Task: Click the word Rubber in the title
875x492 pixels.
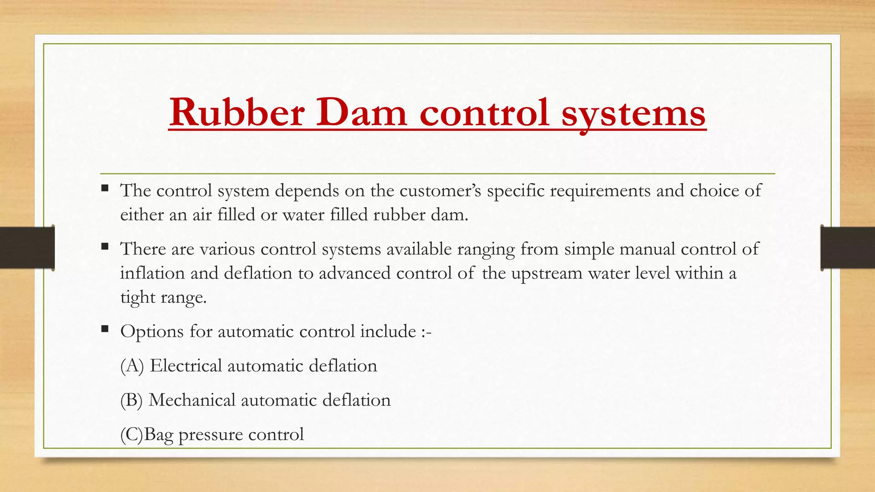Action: [x=237, y=112]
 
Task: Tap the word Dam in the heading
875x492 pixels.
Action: [x=361, y=112]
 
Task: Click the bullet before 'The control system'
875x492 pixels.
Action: [x=105, y=188]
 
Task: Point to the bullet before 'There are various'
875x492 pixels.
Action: [x=105, y=246]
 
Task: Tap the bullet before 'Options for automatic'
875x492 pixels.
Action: [x=105, y=329]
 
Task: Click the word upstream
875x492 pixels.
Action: [x=547, y=273]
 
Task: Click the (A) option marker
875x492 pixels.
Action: [x=132, y=366]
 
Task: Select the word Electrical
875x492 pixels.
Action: [x=186, y=366]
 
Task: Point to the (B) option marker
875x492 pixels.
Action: [x=132, y=400]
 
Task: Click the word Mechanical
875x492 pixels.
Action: [x=192, y=400]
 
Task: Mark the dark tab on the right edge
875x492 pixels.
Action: [x=848, y=248]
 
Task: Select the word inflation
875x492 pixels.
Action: [x=152, y=273]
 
